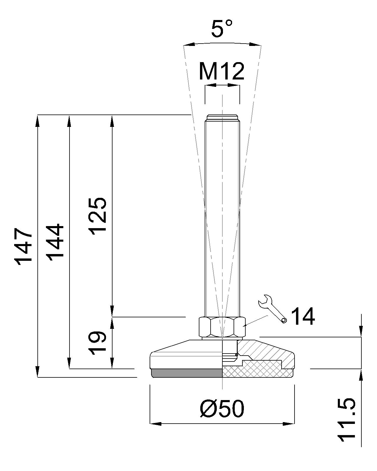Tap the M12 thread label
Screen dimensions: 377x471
(221, 71)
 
